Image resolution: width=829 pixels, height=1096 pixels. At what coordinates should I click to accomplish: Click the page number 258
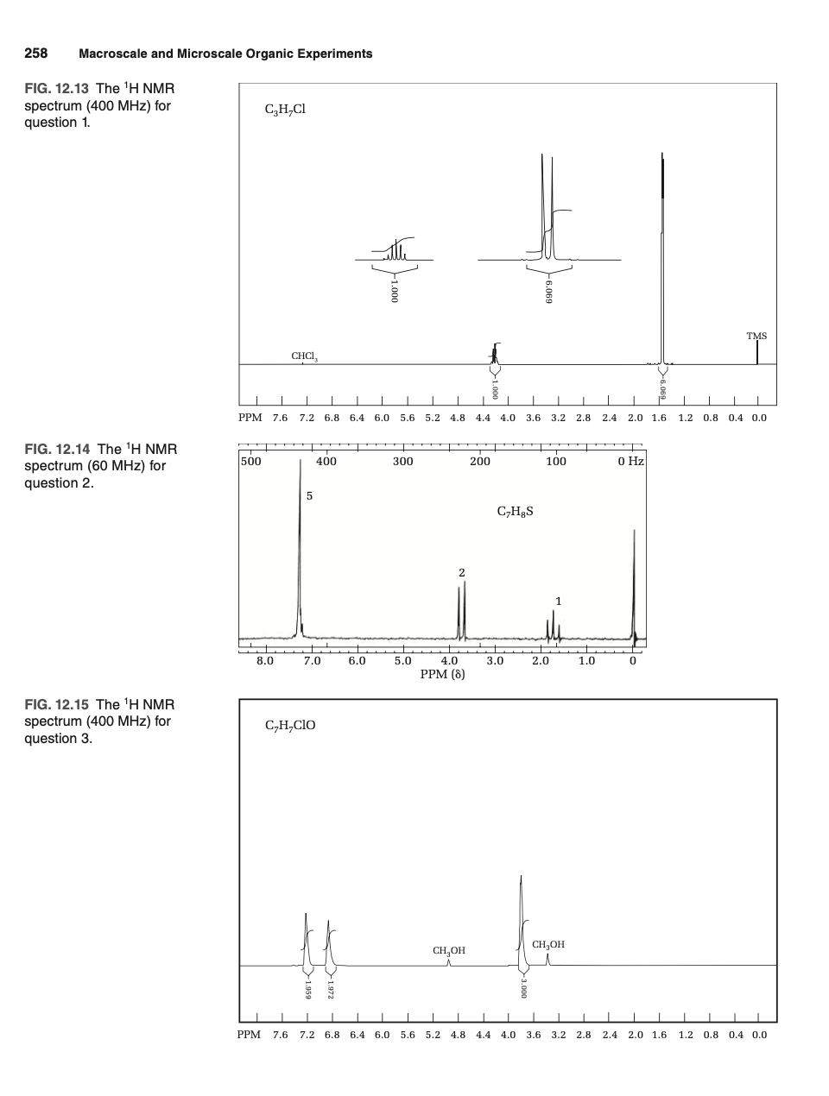[x=35, y=54]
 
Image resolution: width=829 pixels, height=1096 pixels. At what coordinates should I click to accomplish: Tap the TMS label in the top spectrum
[x=756, y=336]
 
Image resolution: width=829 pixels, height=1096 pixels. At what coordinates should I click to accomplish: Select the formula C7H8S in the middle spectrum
[x=516, y=511]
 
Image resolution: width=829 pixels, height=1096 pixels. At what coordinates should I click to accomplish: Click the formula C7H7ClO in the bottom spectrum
[x=290, y=725]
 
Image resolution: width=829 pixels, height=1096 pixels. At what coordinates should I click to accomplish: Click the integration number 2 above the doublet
[x=462, y=572]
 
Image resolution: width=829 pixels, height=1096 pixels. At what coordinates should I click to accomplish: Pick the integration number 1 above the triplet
[x=559, y=601]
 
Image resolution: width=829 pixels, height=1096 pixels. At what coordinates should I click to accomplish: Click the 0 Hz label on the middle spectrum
[x=631, y=462]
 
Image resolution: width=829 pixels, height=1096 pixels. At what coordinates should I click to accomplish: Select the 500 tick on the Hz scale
[x=250, y=462]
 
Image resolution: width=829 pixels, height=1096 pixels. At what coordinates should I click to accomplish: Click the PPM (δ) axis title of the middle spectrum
[x=442, y=674]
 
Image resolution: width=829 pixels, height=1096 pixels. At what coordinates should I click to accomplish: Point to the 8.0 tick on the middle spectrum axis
[x=265, y=661]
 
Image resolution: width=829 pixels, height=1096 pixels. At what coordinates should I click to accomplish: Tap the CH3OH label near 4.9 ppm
[x=449, y=950]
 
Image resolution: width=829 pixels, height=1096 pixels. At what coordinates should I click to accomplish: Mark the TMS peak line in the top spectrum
[x=757, y=352]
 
